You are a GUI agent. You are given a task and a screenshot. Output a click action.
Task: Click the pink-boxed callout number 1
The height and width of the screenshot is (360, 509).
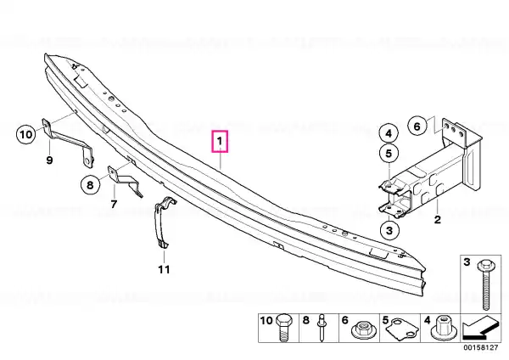(220, 141)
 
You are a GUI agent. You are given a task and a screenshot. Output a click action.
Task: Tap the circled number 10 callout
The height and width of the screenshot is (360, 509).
(26, 134)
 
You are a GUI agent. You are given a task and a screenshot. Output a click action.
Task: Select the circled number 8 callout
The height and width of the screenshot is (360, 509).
(90, 185)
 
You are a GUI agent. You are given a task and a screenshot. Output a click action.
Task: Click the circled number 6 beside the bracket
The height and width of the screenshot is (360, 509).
(417, 126)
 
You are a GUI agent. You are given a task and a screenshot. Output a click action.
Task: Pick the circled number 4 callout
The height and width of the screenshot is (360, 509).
(389, 133)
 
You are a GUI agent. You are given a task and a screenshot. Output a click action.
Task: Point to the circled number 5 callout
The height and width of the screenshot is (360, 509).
(389, 153)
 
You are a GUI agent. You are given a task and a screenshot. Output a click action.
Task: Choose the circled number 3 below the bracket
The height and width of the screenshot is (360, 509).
(389, 230)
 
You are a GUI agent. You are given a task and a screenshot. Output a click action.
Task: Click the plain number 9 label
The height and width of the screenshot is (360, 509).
(49, 160)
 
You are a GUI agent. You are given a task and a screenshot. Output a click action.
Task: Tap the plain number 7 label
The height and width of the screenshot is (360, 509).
(114, 205)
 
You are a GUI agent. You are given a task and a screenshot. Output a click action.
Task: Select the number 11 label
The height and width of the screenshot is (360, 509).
(164, 269)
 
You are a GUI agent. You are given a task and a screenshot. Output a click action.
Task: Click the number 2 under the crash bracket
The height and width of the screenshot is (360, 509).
(438, 220)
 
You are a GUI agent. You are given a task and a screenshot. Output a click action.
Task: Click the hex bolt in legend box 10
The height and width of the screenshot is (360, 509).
(283, 328)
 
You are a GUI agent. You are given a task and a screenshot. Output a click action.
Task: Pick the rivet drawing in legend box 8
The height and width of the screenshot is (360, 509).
(322, 328)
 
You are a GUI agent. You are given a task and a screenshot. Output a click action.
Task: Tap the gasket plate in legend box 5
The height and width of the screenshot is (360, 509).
(402, 329)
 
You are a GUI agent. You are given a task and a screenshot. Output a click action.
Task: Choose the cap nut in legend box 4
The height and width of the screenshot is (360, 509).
(442, 328)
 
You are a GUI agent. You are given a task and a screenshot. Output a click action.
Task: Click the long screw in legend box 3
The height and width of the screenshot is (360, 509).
(485, 284)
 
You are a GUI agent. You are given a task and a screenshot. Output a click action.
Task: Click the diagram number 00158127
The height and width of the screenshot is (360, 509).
(481, 347)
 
